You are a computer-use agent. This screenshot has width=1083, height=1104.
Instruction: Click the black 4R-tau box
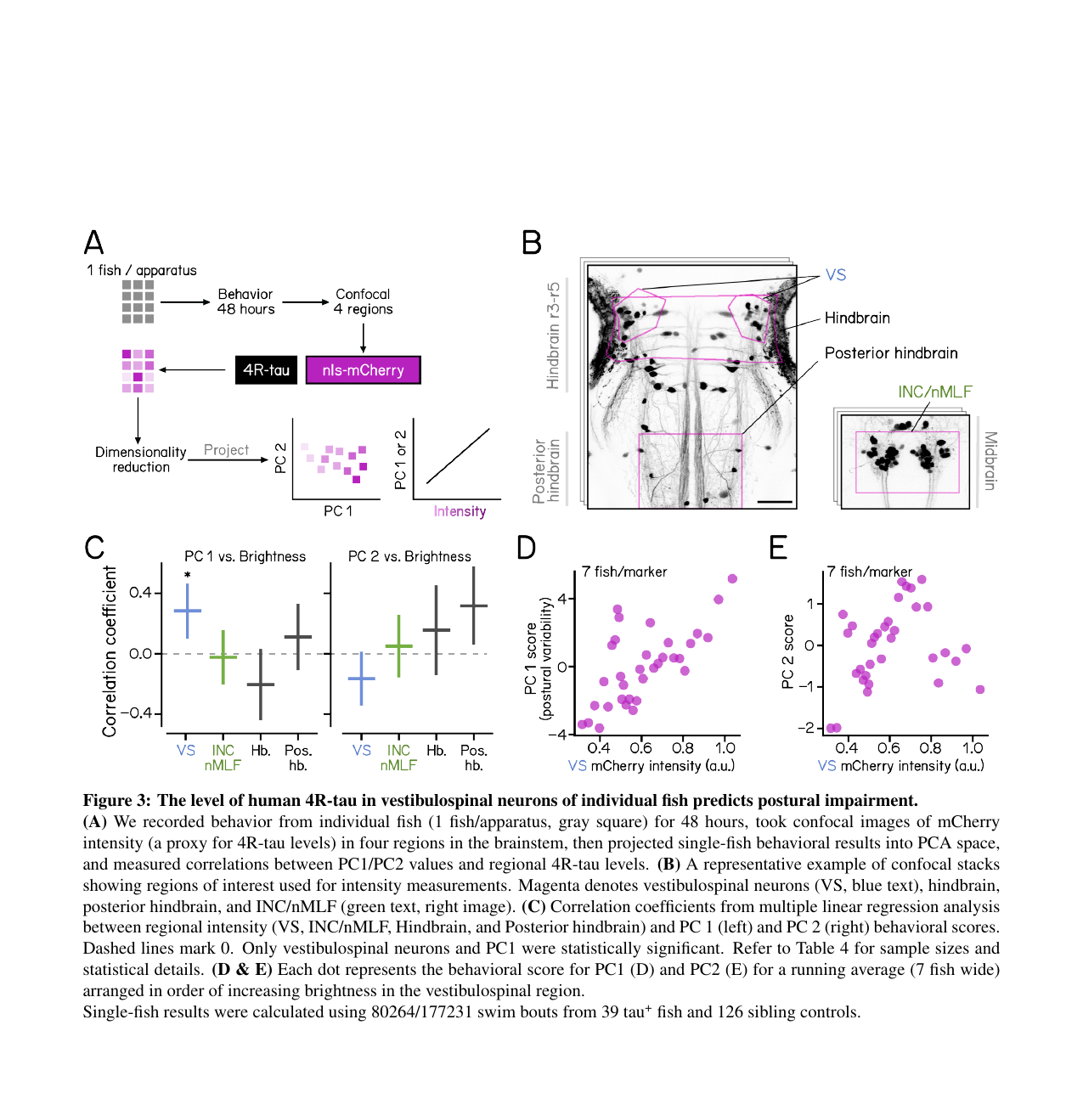pos(266,370)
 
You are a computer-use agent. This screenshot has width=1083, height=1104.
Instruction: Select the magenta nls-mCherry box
pos(363,370)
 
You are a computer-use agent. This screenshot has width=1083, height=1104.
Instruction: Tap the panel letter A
pos(93,243)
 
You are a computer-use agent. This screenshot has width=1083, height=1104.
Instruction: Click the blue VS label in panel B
pos(836,275)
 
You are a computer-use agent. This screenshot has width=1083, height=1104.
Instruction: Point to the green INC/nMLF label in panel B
pos(934,391)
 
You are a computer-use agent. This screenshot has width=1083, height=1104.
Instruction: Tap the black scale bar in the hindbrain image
pos(774,502)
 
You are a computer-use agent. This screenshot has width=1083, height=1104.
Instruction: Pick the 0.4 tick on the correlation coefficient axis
pos(140,593)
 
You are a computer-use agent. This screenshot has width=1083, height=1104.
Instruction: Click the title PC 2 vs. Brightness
pos(409,556)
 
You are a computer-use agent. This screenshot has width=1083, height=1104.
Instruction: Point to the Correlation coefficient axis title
pos(110,651)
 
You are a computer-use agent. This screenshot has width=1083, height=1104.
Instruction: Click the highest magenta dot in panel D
pos(732,579)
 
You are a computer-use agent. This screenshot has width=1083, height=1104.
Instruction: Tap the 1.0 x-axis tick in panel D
pos(725,748)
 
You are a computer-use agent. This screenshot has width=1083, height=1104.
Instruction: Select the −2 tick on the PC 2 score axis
pos(806,728)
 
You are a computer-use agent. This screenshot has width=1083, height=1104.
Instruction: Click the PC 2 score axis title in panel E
pos(788,651)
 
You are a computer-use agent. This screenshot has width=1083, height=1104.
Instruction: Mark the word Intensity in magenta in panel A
pos(460,511)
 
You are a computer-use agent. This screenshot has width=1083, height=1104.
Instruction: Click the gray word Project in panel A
pos(226,450)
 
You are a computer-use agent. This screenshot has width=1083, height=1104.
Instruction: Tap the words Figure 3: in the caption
pos(116,801)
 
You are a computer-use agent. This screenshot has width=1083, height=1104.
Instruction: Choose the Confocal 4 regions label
pos(363,301)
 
